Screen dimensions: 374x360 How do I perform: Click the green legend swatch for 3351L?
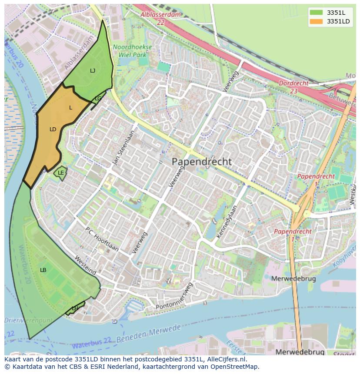pyautogui.click(x=317, y=12)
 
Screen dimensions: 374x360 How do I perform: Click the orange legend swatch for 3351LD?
pyautogui.click(x=317, y=21)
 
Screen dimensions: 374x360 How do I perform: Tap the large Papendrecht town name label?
pyautogui.click(x=202, y=162)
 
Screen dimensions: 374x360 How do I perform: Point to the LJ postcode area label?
pyautogui.click(x=93, y=70)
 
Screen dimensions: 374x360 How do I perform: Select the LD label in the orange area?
pyautogui.click(x=53, y=129)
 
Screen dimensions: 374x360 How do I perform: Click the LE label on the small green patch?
pyautogui.click(x=61, y=173)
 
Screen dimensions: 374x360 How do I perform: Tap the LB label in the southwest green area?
pyautogui.click(x=43, y=270)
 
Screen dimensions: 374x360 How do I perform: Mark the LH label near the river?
pyautogui.click(x=75, y=308)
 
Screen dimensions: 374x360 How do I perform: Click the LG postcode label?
pyautogui.click(x=98, y=99)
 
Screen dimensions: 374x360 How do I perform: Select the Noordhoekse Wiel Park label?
pyautogui.click(x=132, y=51)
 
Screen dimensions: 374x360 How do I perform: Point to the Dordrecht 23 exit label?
pyautogui.click(x=293, y=86)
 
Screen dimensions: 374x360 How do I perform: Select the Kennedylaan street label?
pyautogui.click(x=228, y=222)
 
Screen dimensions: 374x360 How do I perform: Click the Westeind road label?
pyautogui.click(x=86, y=265)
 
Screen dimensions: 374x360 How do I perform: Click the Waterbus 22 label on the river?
pyautogui.click(x=92, y=343)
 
